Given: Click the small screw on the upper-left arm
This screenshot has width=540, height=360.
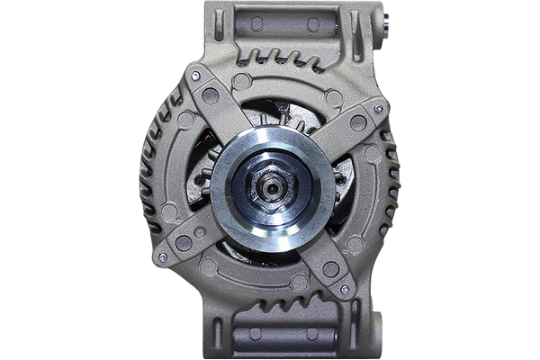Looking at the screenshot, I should point(194,77).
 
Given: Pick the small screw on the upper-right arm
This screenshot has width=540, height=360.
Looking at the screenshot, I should point(378,109).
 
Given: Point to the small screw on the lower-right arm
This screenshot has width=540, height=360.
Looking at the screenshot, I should point(345,290).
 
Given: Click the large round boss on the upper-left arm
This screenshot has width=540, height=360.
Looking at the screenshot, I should point(210,94).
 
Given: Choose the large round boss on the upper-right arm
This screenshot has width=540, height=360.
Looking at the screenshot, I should point(358,122).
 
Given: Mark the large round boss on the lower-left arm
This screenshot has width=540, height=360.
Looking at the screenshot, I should point(184,242).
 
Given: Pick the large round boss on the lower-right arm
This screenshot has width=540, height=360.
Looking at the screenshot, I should point(330,269).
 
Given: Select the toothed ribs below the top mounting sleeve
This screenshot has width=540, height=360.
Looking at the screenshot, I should point(278,61).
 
